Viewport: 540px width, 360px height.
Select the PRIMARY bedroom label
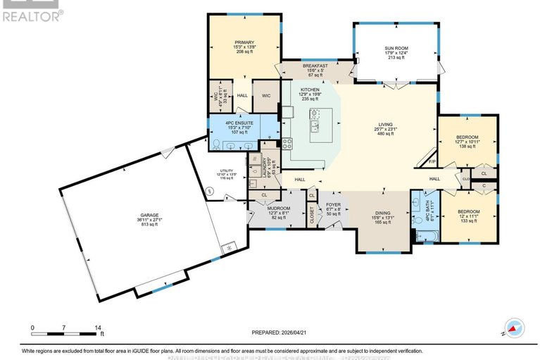tap(244, 42)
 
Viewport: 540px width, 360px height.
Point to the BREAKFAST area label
tap(316, 66)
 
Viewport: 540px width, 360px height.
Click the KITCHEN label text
tap(310, 90)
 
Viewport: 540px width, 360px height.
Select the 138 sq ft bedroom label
tap(467, 137)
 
